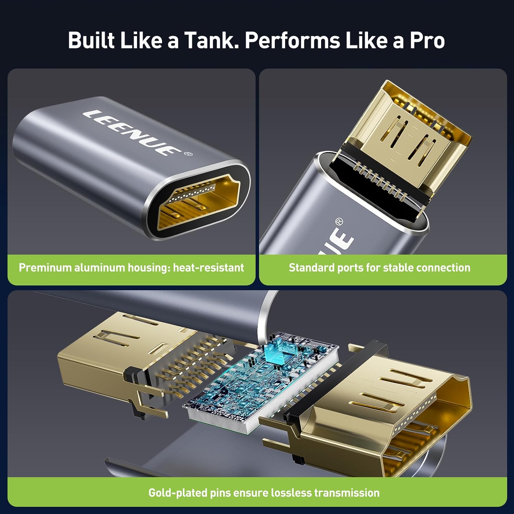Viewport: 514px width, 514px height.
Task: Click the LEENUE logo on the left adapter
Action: click(x=132, y=132)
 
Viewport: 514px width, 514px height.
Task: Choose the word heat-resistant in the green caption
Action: click(x=208, y=268)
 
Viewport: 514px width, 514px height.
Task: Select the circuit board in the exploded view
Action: click(x=260, y=380)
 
